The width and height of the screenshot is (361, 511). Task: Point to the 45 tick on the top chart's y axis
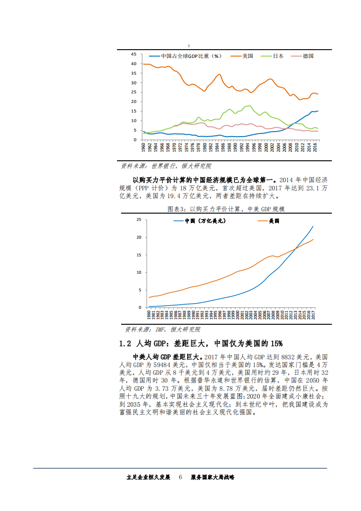[134, 54]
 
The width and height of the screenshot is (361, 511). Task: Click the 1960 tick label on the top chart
[143, 147]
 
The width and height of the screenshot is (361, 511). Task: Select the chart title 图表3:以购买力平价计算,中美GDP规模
[226, 209]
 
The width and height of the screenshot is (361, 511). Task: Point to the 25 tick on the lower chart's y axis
[139, 220]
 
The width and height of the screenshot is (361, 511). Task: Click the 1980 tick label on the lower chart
[150, 314]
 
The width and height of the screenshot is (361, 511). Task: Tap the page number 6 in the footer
[180, 477]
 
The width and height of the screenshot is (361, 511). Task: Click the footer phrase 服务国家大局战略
[212, 477]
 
